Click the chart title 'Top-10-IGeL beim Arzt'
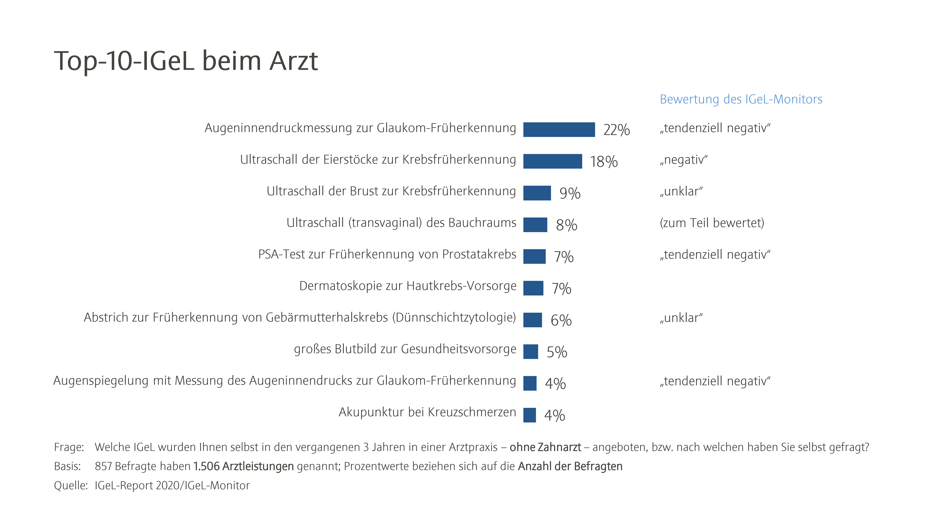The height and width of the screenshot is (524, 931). [x=186, y=61]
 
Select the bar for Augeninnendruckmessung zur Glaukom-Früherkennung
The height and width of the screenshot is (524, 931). [x=559, y=129]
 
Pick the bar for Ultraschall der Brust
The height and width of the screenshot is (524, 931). [x=537, y=193]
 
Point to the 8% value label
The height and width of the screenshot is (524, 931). [x=566, y=225]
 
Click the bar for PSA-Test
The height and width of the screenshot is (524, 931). [x=534, y=256]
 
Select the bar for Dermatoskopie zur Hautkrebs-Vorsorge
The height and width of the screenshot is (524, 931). [x=533, y=288]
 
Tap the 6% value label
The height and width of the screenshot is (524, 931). [x=561, y=320]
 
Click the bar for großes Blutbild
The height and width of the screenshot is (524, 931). [x=531, y=352]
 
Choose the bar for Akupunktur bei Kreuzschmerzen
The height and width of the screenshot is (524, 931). [x=530, y=415]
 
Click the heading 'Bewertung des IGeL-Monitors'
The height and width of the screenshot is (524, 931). [x=741, y=99]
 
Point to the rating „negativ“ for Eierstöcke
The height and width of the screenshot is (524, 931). [x=684, y=160]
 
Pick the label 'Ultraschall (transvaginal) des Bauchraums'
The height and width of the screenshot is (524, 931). [x=401, y=223]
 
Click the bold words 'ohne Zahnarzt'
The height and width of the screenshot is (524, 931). [x=545, y=447]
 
